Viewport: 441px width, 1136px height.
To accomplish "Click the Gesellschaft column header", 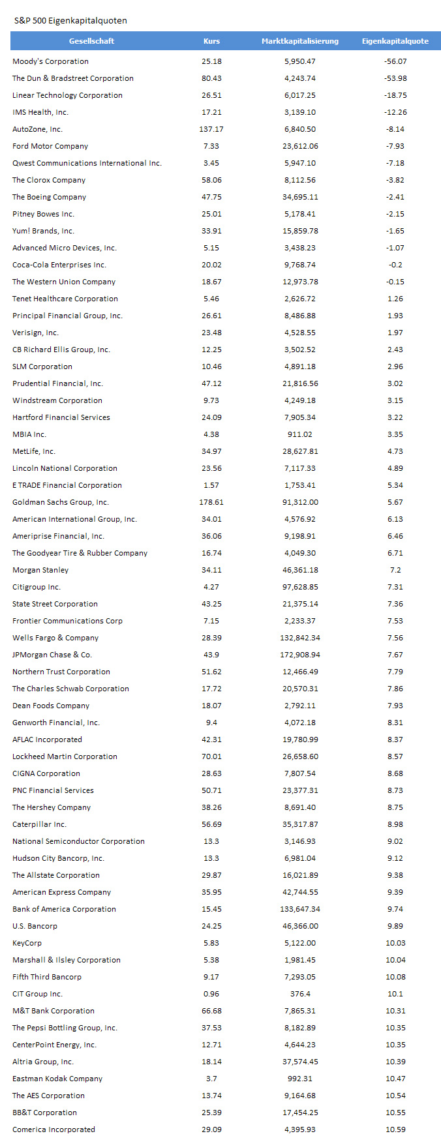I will pyautogui.click(x=91, y=41).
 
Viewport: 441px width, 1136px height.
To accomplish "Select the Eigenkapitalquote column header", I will pyautogui.click(x=395, y=41).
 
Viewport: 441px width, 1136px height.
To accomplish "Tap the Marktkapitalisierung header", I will pyautogui.click(x=300, y=41).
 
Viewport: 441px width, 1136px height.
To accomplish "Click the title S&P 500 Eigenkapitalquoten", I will pyautogui.click(x=70, y=21).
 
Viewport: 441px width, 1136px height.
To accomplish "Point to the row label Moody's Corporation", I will pyautogui.click(x=50, y=61).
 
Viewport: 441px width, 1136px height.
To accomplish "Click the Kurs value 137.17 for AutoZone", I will pyautogui.click(x=211, y=129).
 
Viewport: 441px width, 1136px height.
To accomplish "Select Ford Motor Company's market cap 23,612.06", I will pyautogui.click(x=300, y=146).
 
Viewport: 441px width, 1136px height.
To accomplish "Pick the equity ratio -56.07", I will pyautogui.click(x=395, y=61).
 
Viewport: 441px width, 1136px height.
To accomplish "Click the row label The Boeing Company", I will pyautogui.click(x=49, y=197).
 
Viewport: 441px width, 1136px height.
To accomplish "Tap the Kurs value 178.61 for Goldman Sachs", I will pyautogui.click(x=211, y=502).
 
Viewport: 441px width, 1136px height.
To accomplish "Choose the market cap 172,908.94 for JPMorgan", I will pyautogui.click(x=300, y=655).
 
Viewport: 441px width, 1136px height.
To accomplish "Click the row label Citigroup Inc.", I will pyautogui.click(x=37, y=587).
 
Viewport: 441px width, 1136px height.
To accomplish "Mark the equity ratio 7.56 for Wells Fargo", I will pyautogui.click(x=395, y=638).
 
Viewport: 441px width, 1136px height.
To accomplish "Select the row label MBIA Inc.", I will pyautogui.click(x=29, y=434).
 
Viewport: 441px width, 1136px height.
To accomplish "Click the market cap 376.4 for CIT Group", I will pyautogui.click(x=300, y=994).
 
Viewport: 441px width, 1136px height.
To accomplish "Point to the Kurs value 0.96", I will pyautogui.click(x=211, y=994).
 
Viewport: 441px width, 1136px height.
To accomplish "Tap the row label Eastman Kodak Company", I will pyautogui.click(x=57, y=1079).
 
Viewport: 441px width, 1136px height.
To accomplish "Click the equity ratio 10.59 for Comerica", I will pyautogui.click(x=395, y=1129).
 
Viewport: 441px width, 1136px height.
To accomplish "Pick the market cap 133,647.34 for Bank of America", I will pyautogui.click(x=300, y=909).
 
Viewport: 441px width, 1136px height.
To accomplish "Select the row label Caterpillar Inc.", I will pyautogui.click(x=39, y=824).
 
